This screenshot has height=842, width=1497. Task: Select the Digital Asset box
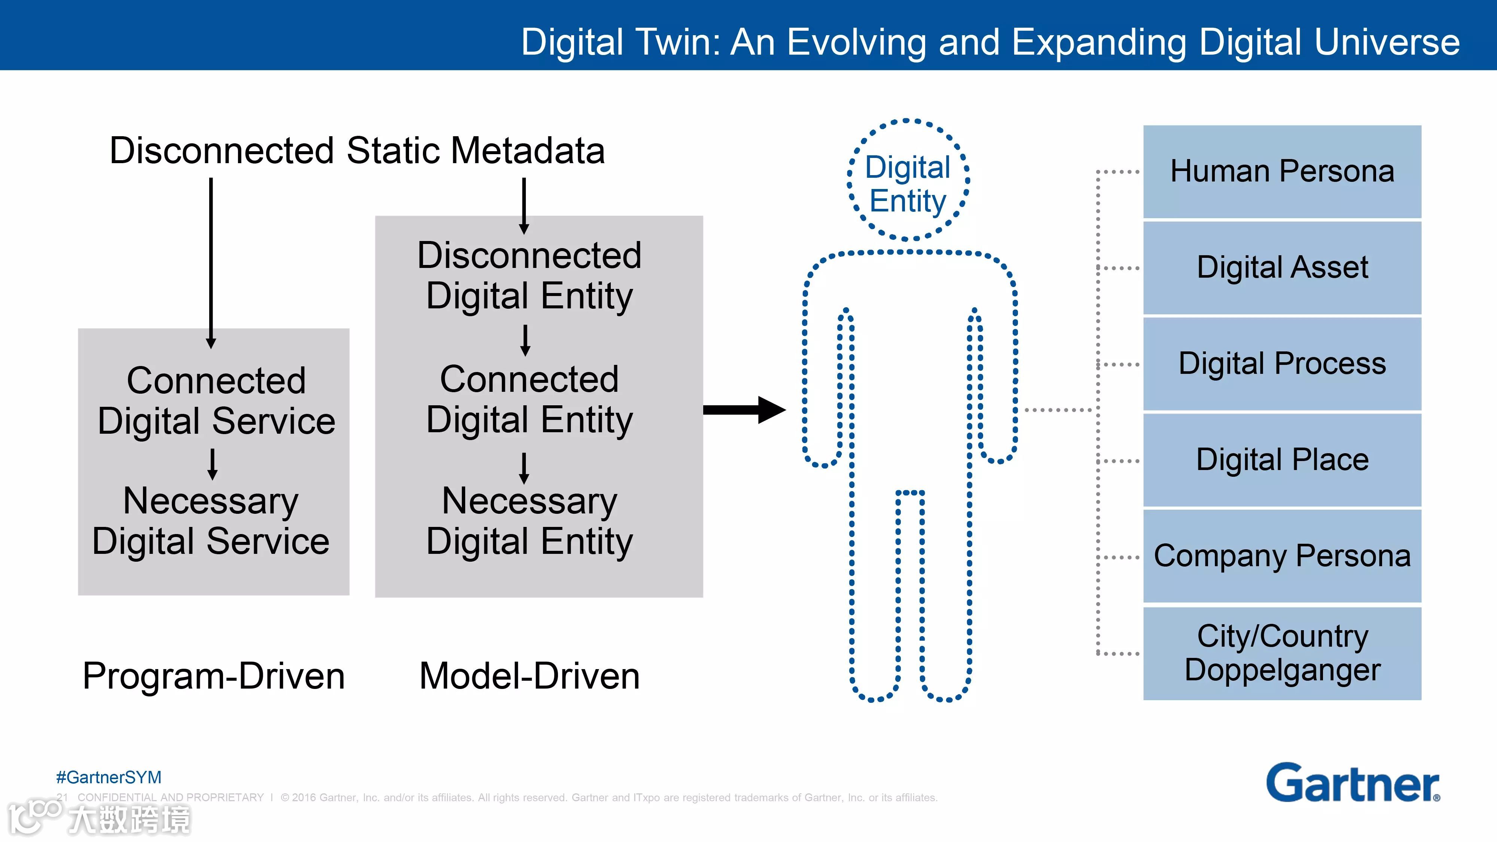coord(1282,268)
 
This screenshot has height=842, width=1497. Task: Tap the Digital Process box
coord(1282,364)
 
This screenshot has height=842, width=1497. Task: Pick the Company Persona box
coord(1282,556)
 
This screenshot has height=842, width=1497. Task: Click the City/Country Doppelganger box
coord(1282,653)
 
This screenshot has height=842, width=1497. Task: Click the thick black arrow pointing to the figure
coord(744,410)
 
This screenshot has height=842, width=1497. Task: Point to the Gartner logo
coord(1353,783)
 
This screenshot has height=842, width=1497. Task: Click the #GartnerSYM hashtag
coord(109,777)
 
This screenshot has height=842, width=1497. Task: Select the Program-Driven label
coord(214,676)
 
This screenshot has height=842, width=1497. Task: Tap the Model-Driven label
coord(530,676)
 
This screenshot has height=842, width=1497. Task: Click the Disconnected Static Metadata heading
coord(357,150)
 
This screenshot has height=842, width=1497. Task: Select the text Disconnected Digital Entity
coord(530,275)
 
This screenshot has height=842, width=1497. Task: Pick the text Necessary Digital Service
coord(211,521)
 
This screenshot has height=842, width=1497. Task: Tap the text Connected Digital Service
coord(216,400)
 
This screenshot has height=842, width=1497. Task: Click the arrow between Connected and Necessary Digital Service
coord(213,463)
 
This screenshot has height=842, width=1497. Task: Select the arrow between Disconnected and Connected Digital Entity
coord(525,340)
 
